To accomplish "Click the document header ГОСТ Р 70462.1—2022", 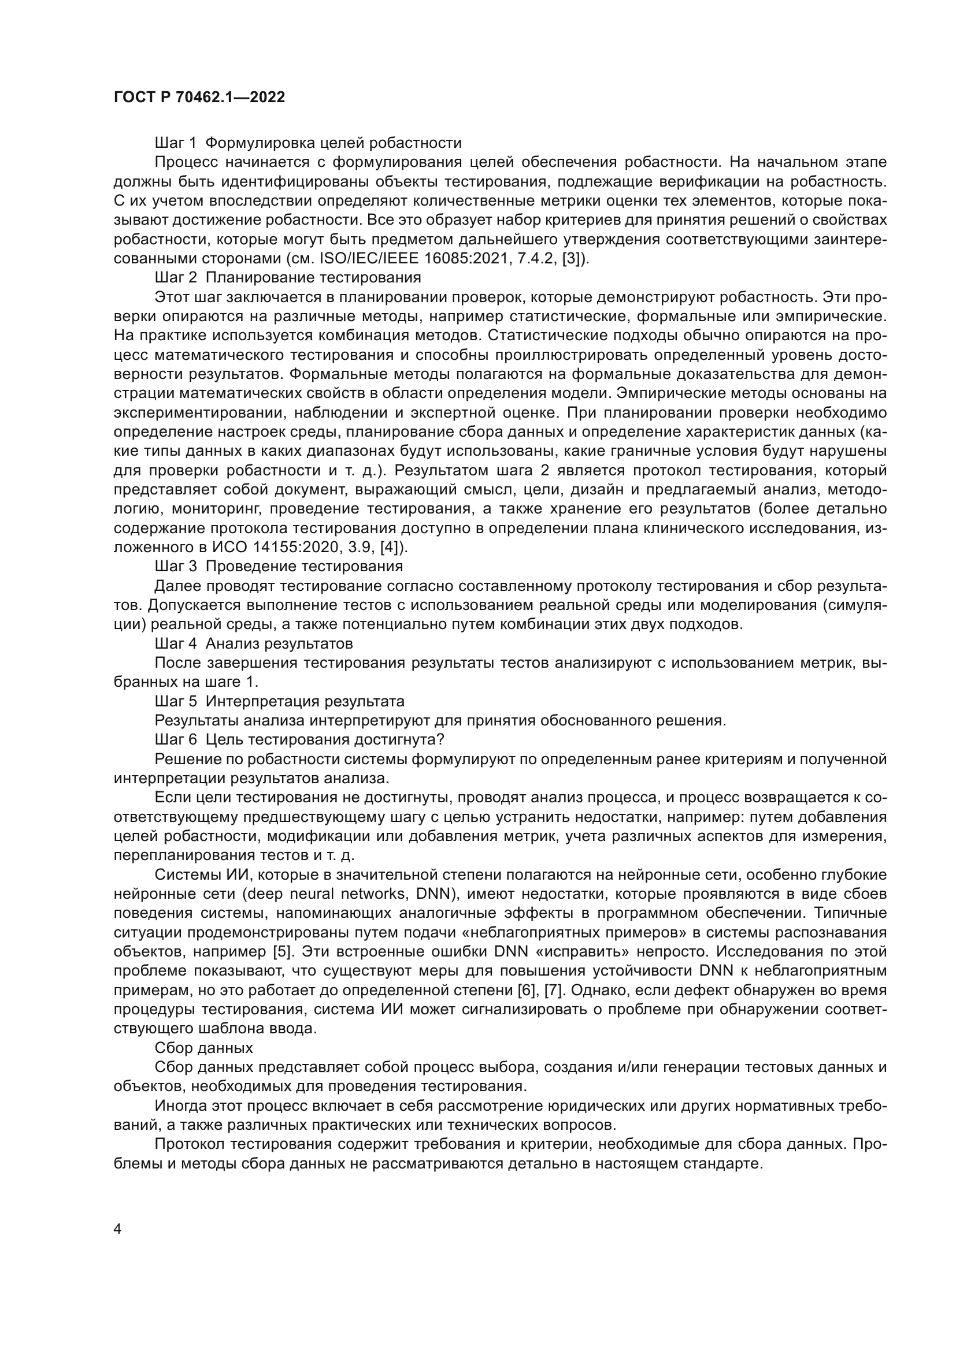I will [x=199, y=97].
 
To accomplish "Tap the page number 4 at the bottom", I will [x=118, y=1229].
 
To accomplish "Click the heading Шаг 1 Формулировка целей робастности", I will [x=308, y=143].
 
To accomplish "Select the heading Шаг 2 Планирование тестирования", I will [x=288, y=277].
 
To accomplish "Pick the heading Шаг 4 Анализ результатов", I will [x=254, y=643].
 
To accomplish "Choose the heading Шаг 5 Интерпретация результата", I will [x=280, y=701].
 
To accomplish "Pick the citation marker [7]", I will [x=553, y=990].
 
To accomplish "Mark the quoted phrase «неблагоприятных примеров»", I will [x=444, y=932].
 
